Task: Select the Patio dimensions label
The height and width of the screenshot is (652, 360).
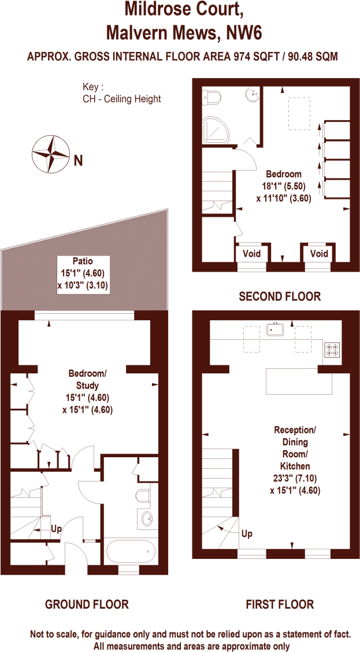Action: click(83, 273)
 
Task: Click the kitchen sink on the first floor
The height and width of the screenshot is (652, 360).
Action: click(276, 329)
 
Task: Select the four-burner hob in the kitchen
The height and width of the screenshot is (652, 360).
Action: click(332, 349)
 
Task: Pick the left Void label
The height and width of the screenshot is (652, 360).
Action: click(251, 254)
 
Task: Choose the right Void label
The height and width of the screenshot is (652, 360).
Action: click(319, 254)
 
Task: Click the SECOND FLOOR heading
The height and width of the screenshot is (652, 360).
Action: click(280, 297)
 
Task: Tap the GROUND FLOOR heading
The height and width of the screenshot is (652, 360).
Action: click(87, 605)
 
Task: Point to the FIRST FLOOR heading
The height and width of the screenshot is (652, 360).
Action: click(280, 605)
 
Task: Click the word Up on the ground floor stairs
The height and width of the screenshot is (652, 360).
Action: click(56, 529)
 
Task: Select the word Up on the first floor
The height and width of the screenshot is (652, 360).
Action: click(247, 533)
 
